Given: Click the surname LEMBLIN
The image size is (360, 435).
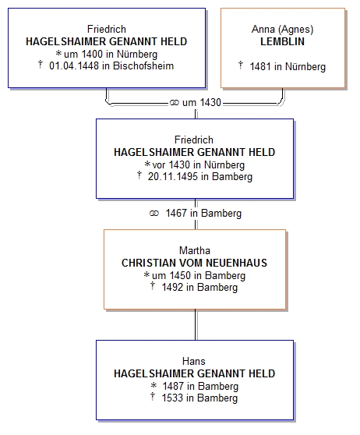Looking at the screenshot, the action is (282, 41).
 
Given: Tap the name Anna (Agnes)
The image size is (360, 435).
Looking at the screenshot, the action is (282, 29).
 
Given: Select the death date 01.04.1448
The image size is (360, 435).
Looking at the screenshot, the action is (74, 65).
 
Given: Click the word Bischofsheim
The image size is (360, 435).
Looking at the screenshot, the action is (143, 65).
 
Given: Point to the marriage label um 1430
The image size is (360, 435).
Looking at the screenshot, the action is (202, 103).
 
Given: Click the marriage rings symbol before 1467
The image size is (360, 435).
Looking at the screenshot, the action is (154, 214).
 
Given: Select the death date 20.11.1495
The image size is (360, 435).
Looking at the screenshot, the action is (173, 176).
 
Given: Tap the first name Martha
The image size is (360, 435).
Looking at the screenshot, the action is (195, 250).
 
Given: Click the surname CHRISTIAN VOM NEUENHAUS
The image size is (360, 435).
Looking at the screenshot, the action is (195, 263).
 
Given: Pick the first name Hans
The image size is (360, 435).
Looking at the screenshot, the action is (194, 361).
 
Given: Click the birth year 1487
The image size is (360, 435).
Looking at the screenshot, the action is (173, 386).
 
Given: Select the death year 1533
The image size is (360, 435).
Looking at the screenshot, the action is (172, 398).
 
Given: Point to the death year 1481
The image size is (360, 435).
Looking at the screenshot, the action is (260, 66).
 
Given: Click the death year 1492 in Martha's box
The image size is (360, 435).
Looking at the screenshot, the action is (172, 287).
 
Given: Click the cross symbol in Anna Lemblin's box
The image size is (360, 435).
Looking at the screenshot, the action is (241, 65).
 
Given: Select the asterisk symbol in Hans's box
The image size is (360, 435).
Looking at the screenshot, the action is (154, 385).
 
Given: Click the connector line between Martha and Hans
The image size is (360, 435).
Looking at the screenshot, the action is (196, 324).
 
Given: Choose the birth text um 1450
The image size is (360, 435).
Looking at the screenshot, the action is (171, 275).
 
